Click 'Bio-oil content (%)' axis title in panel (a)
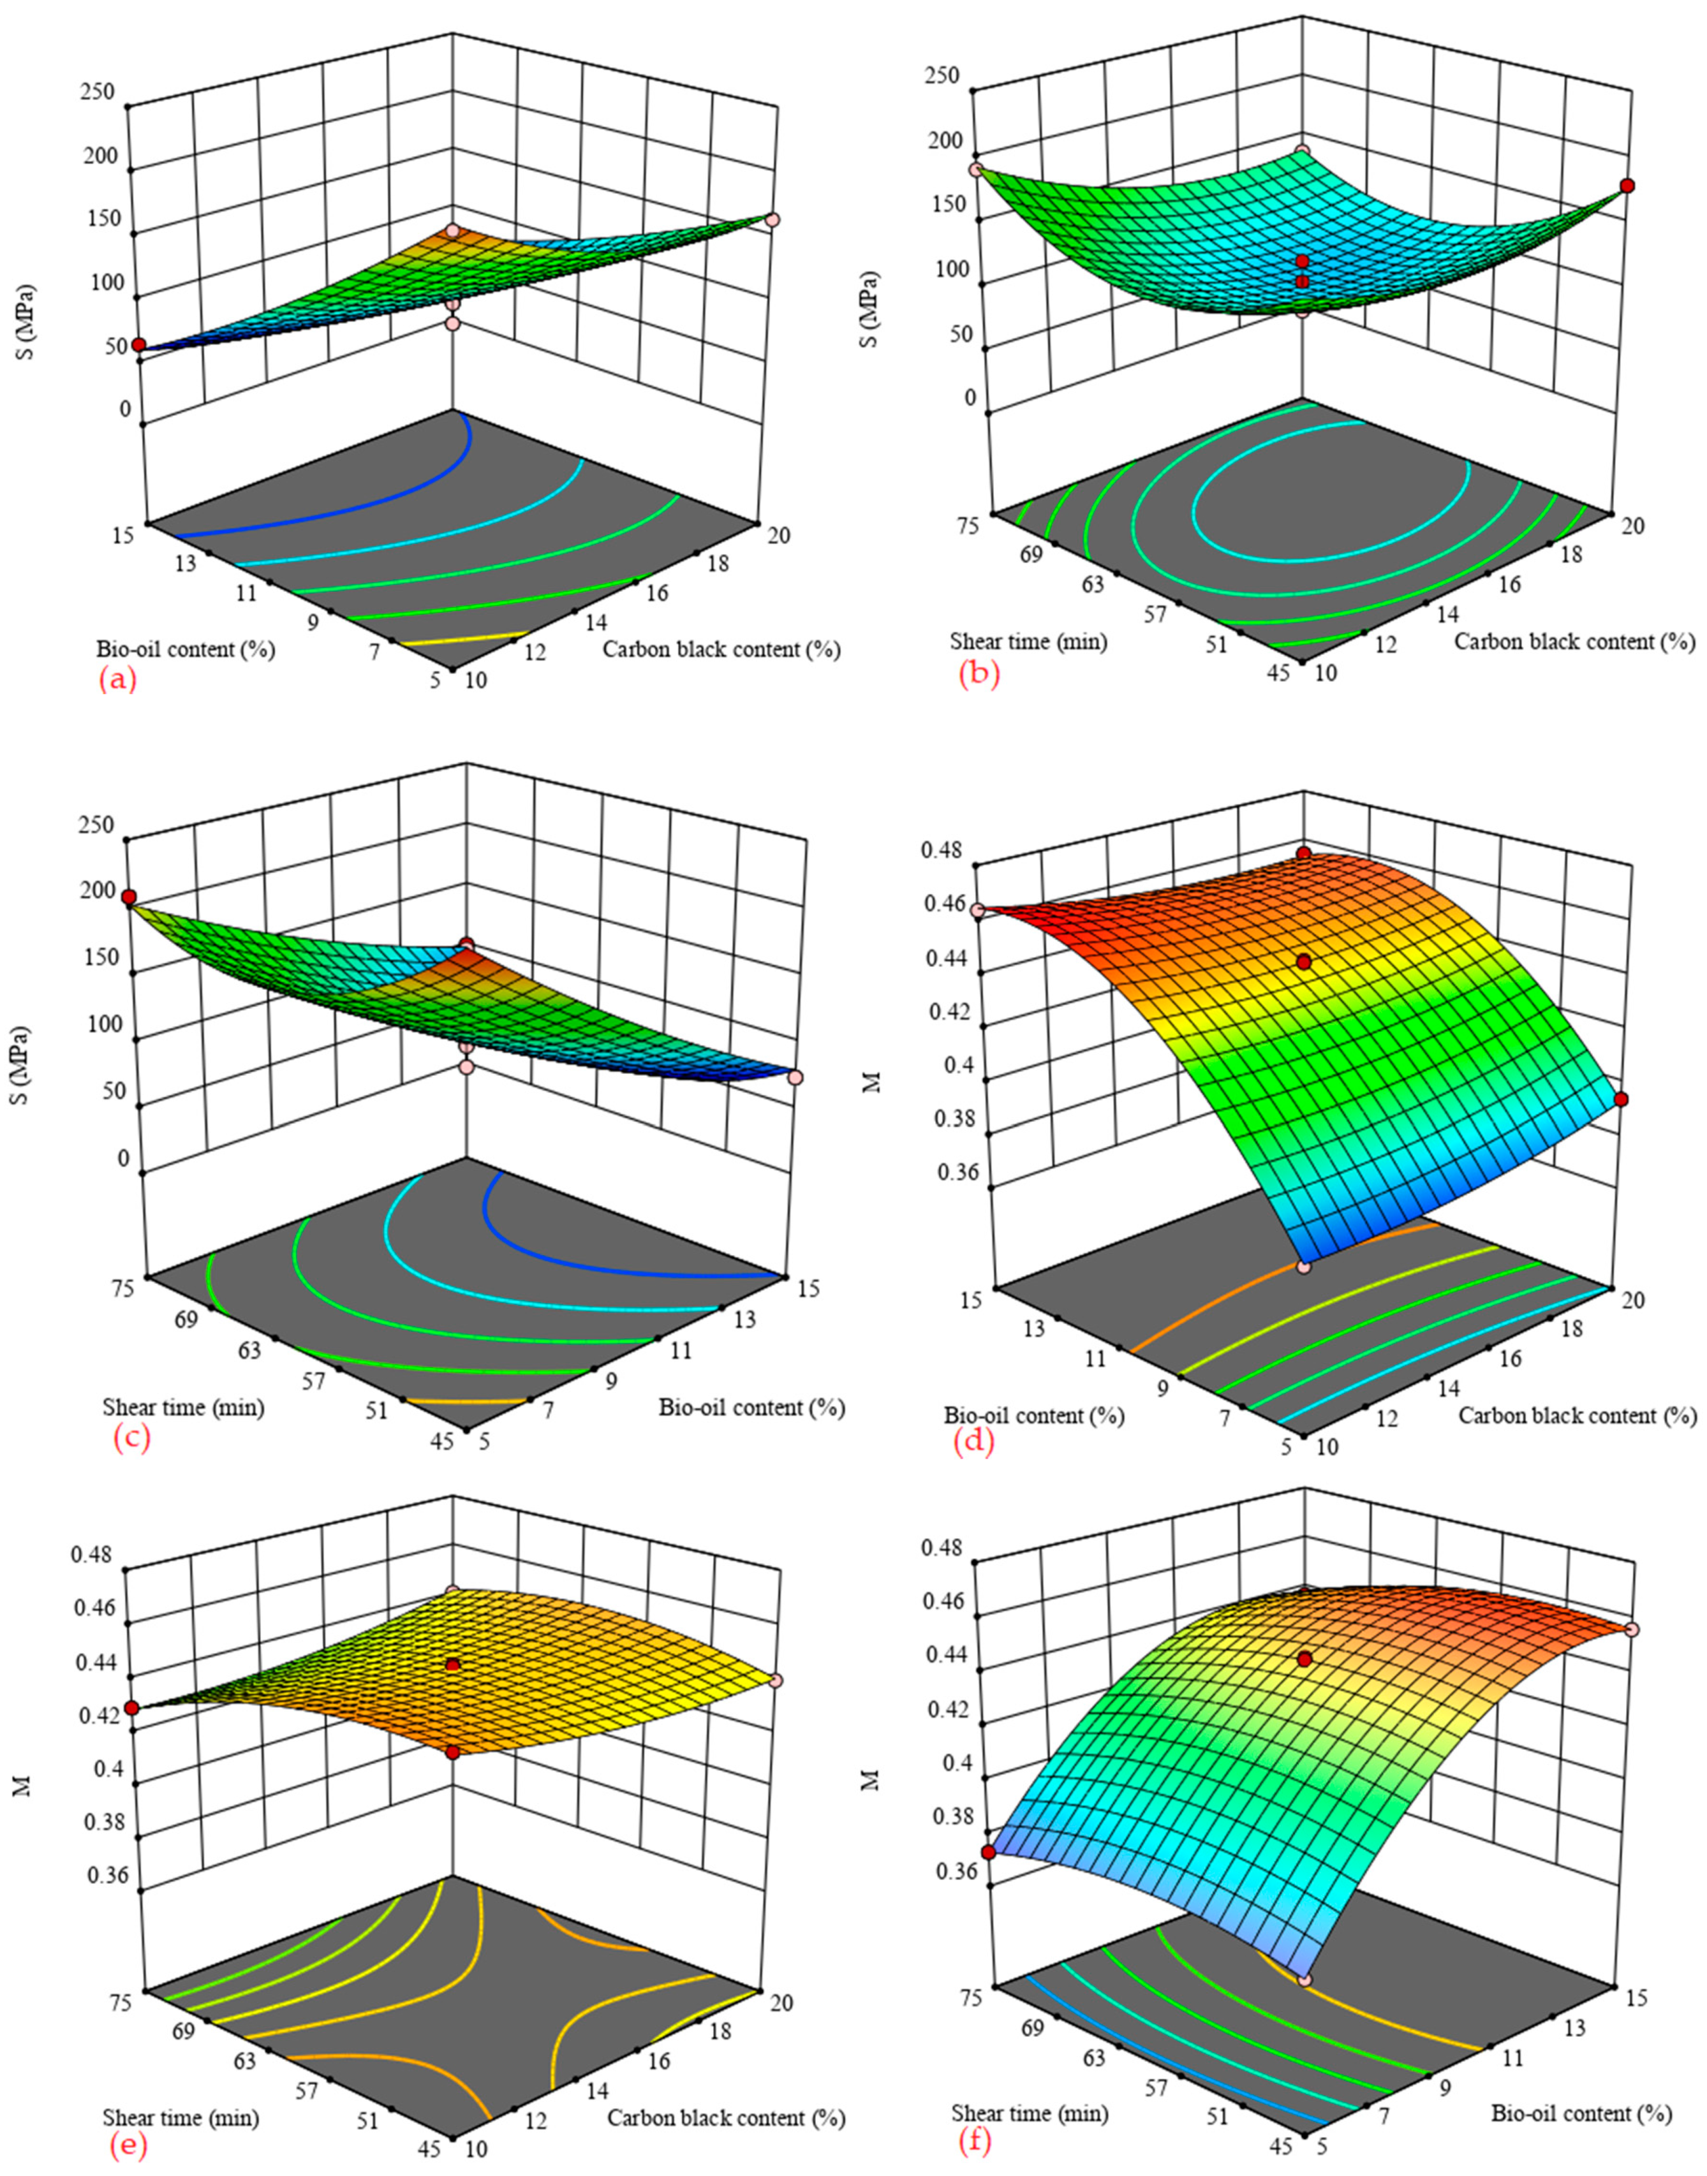coord(185,649)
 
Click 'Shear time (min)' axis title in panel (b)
coord(1028,642)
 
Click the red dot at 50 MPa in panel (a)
coord(139,344)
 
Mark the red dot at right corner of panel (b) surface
coord(1627,186)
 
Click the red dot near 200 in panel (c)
coord(129,897)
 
